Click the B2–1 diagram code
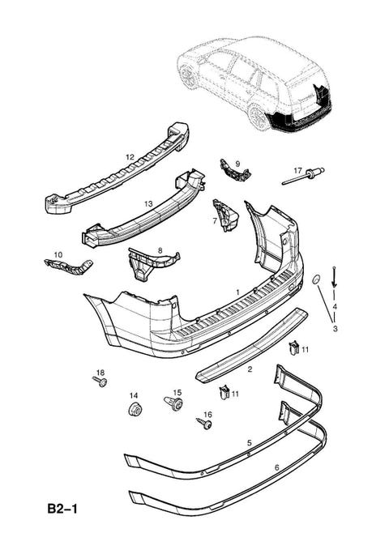coord(62,509)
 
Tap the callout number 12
coord(130,157)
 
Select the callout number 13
coord(148,203)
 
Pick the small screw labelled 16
coord(204,424)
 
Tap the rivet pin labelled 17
coord(303,176)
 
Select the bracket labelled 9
coord(234,171)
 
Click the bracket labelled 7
coord(225,215)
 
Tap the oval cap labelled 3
coord(316,279)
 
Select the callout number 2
coord(250,369)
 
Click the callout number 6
coord(276,467)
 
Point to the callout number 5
coord(250,442)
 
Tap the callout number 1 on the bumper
coord(237,292)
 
